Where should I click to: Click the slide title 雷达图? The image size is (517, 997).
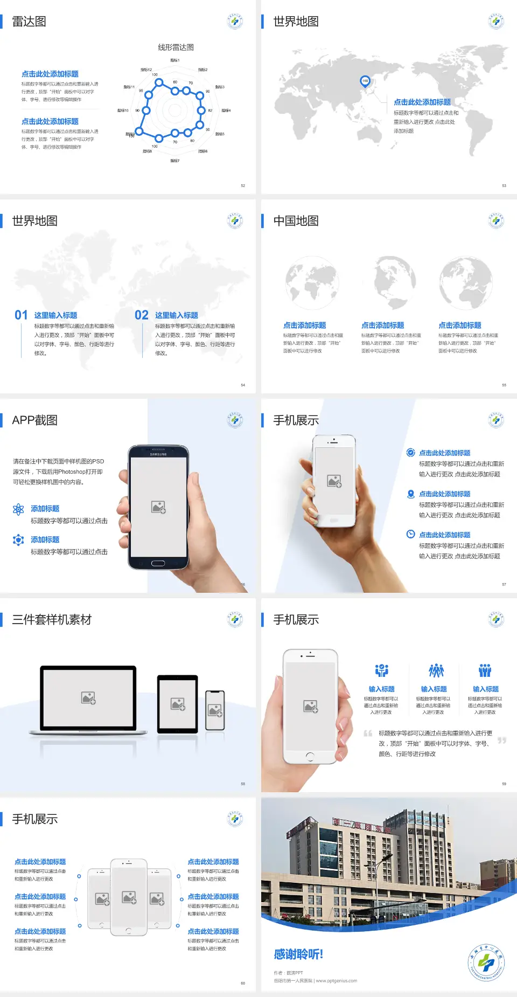point(29,22)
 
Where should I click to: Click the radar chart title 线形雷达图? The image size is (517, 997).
point(176,47)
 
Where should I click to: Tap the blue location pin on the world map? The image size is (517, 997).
point(365,81)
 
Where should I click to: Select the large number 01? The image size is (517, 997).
point(21,315)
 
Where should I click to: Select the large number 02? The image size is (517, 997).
point(142,315)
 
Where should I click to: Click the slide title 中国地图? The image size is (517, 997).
point(296,221)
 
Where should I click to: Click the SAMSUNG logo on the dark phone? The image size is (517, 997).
point(158,454)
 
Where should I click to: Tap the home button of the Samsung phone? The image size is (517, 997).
point(158,563)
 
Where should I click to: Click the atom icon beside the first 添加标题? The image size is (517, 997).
point(18,509)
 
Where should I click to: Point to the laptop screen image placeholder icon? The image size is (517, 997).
point(88,698)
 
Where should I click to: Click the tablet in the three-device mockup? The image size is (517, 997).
point(177,704)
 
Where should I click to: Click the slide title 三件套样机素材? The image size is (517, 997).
point(52,620)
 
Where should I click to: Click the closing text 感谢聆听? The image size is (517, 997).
point(298,954)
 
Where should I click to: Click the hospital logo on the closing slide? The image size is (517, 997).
point(486,963)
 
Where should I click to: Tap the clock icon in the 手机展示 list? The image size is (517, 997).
point(410,534)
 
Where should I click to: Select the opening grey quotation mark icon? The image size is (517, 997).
point(368,733)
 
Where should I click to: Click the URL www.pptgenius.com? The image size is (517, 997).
point(337,981)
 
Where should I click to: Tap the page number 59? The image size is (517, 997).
point(504,784)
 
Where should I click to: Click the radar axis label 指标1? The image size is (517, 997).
point(174,60)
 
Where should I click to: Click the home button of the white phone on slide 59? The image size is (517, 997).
point(310,757)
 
